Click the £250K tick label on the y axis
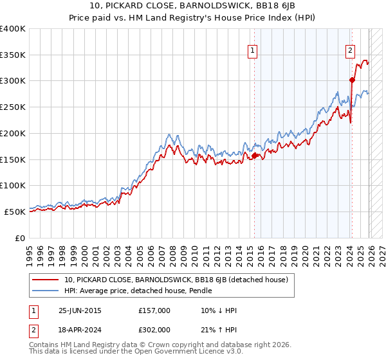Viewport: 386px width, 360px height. coord(13,107)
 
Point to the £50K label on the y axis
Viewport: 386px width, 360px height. coord(15,212)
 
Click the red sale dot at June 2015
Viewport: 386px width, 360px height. coord(255,156)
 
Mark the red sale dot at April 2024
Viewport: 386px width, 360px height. coord(353,80)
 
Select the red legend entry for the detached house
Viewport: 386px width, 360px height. coord(179,280)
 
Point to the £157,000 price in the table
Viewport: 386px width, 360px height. coord(154,310)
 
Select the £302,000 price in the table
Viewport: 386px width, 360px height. coord(154,329)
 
